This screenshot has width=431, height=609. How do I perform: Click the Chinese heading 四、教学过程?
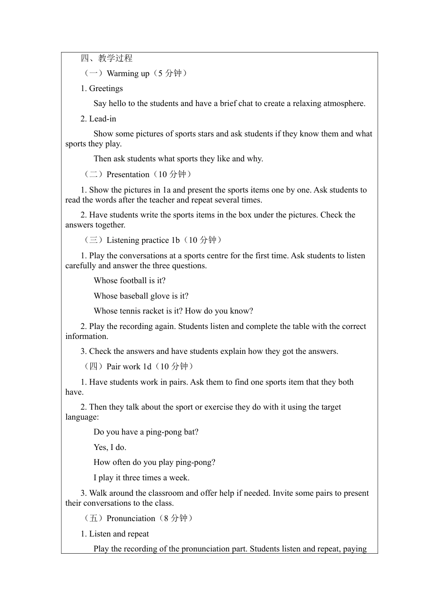(107, 58)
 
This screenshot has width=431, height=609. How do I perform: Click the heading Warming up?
(128, 73)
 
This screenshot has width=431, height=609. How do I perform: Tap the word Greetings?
(106, 88)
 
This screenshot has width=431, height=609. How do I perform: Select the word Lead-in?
(103, 119)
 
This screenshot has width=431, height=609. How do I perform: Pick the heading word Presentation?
(128, 174)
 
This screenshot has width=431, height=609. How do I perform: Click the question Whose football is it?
(129, 280)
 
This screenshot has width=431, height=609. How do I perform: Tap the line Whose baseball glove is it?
(141, 296)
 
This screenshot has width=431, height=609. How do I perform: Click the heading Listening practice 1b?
(143, 240)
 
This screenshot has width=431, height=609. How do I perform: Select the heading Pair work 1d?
(129, 367)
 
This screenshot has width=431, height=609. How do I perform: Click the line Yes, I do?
(110, 447)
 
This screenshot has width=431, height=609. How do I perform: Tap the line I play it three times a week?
(142, 478)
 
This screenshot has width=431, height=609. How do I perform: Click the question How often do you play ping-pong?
(154, 462)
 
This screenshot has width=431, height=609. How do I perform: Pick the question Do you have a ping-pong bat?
(146, 432)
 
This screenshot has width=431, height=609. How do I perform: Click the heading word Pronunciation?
(131, 518)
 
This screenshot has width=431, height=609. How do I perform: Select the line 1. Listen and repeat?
(115, 534)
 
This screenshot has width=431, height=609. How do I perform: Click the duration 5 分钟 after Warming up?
(170, 73)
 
